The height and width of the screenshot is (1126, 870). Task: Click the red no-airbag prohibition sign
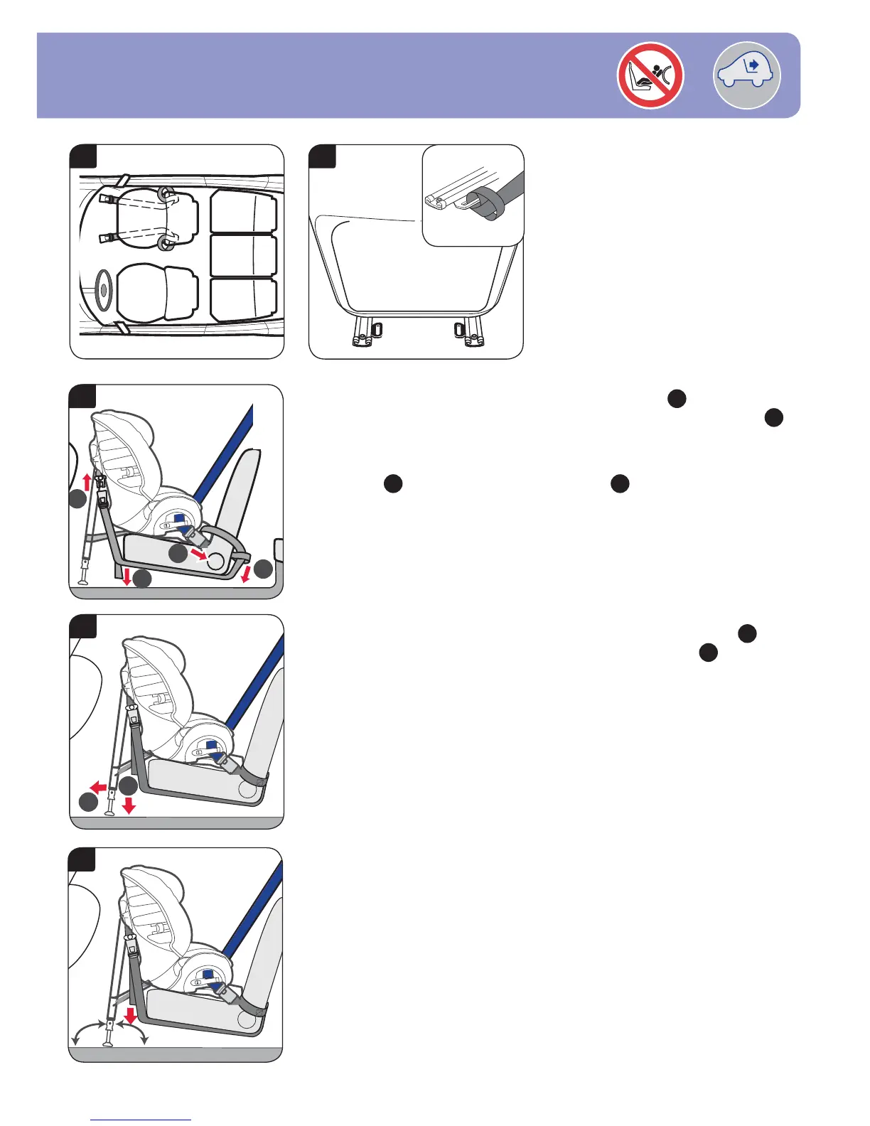click(x=650, y=75)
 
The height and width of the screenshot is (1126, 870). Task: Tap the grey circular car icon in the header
click(x=746, y=75)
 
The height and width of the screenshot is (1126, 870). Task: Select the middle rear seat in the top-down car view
click(x=243, y=255)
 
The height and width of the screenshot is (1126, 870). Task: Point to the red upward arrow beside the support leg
click(x=87, y=483)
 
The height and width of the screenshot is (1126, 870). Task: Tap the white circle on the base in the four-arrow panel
click(x=215, y=562)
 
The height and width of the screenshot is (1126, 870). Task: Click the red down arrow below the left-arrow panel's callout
click(x=129, y=806)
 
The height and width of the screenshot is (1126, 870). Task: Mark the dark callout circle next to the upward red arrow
click(x=78, y=502)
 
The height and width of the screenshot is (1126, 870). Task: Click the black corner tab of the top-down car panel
click(x=83, y=156)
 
